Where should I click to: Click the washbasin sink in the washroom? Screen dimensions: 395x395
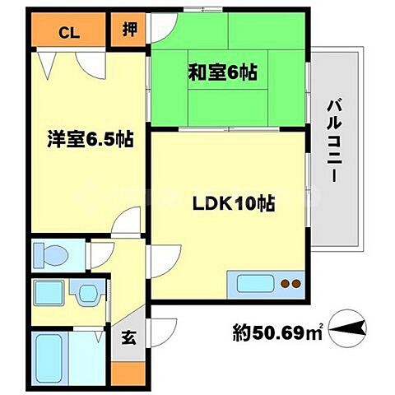[x=86, y=293]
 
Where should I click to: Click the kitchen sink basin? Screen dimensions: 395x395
[x=258, y=285]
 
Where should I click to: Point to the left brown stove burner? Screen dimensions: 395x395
[x=285, y=286]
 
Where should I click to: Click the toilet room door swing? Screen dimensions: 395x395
[x=100, y=251]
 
